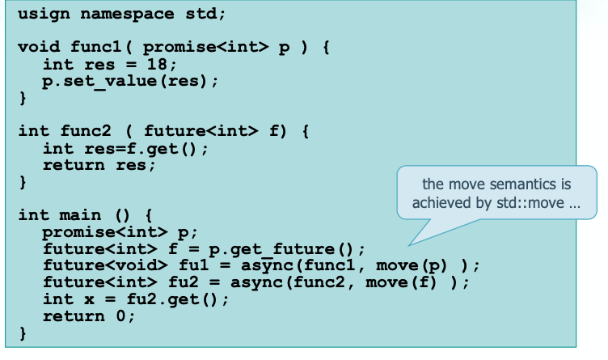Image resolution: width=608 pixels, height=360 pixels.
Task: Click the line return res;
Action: pyautogui.click(x=98, y=165)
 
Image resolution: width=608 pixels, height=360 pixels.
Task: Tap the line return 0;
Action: pyautogui.click(x=89, y=316)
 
